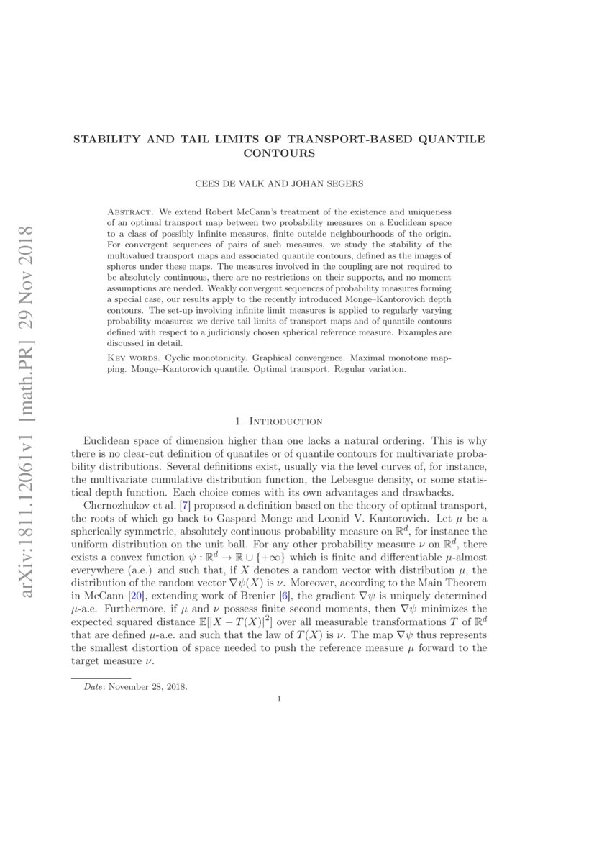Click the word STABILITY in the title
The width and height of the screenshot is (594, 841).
click(x=106, y=140)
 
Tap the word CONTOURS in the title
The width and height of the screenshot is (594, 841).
click(x=279, y=153)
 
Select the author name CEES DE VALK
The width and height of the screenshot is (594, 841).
click(x=229, y=184)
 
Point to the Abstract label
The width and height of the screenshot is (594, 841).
click(x=129, y=213)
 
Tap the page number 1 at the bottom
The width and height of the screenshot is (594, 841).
click(x=279, y=699)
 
